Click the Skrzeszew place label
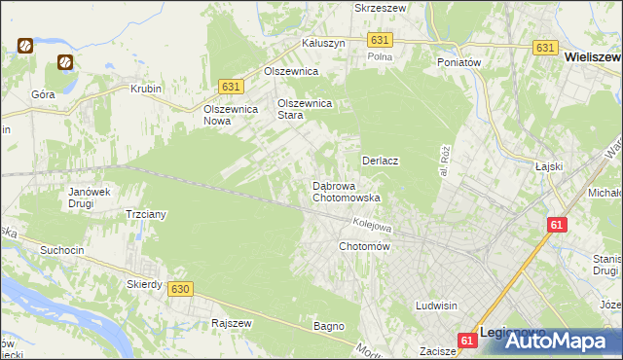(x=381, y=7)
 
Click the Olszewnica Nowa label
(x=230, y=115)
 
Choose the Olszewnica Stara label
(x=306, y=108)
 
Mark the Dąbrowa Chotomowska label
(x=346, y=192)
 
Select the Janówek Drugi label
(x=87, y=198)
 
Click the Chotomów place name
(x=364, y=247)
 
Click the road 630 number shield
(x=179, y=289)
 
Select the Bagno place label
(x=329, y=326)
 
